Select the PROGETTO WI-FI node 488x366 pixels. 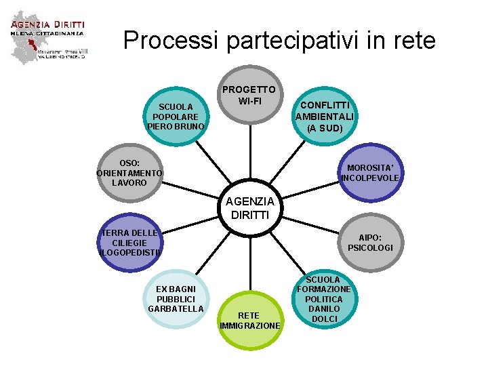pos(249,96)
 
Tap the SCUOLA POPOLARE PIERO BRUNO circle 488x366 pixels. pos(176,116)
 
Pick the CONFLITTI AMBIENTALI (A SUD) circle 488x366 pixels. pos(325,116)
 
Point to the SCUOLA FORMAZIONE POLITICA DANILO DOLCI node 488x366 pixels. pos(325,299)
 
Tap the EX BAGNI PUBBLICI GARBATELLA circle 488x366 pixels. pos(176,299)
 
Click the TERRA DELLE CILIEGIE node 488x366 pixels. pos(128,243)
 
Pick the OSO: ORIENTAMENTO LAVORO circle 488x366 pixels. pos(128,173)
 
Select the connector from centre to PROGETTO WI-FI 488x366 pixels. pos(249,149)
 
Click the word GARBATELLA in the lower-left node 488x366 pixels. pos(176,309)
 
